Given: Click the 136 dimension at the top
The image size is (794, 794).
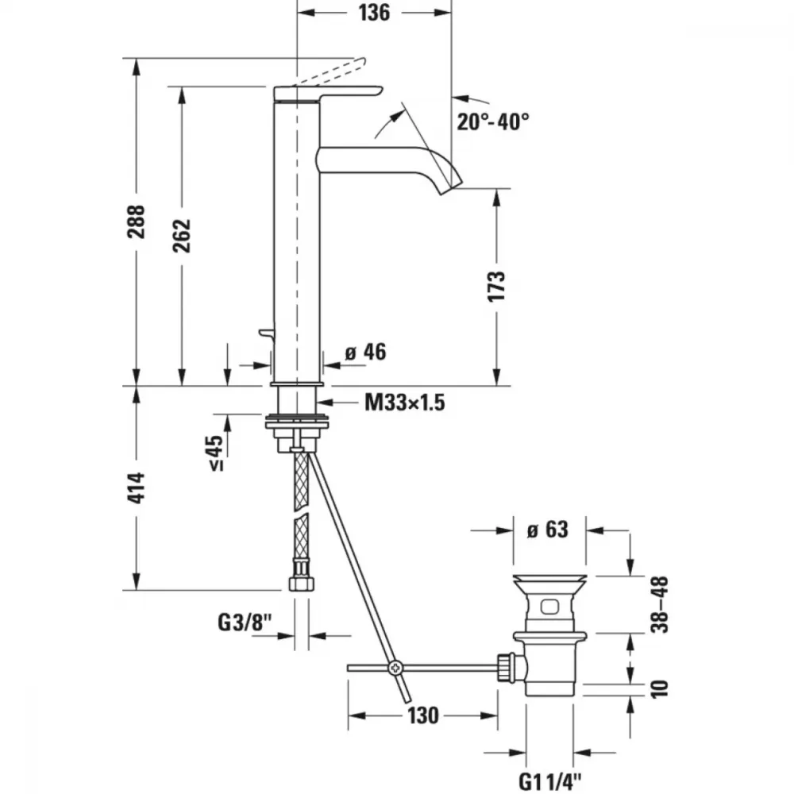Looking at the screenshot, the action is (x=374, y=13).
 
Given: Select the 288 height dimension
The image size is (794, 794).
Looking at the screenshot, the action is (x=137, y=222).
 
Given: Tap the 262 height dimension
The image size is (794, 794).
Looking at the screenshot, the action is (x=182, y=236).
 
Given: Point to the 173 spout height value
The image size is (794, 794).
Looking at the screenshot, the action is (x=496, y=286).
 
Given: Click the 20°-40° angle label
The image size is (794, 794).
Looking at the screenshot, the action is (x=493, y=121).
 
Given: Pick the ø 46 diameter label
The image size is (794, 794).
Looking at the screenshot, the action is (x=365, y=352).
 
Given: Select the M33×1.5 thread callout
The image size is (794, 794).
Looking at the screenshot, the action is (x=405, y=403).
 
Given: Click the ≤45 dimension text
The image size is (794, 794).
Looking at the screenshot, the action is (x=217, y=453).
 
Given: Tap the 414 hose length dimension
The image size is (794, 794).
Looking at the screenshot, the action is (x=136, y=488).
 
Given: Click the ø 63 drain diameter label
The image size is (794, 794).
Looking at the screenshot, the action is (x=547, y=530).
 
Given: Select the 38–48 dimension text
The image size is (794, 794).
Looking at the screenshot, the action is (x=660, y=604).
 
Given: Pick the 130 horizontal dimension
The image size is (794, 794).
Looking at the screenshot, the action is (x=423, y=715).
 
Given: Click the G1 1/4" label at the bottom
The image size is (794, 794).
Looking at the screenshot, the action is (x=550, y=782).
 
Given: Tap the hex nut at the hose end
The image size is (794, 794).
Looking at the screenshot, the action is (x=301, y=582).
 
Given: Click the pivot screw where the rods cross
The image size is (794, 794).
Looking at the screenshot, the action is (x=395, y=669).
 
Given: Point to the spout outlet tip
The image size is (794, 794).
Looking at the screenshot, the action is (x=452, y=187).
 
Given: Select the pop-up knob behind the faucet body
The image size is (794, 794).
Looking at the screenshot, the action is (x=266, y=333).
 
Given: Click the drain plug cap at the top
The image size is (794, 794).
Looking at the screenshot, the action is (x=550, y=581).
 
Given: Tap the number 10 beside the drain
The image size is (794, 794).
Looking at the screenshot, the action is (x=660, y=689).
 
